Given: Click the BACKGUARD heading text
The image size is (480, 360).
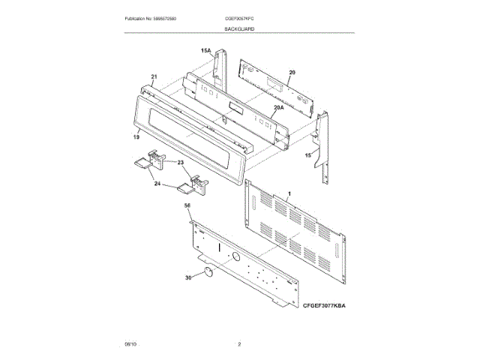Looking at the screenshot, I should [239, 28].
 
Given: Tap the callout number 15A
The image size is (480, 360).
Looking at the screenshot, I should [205, 51].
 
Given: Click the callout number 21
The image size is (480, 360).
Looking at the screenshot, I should [154, 77].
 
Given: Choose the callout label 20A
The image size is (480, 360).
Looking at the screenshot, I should [277, 108].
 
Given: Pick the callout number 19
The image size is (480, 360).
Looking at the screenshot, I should [136, 137].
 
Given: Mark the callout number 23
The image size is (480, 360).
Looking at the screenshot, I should [181, 163].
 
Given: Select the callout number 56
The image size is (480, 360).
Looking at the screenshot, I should [187, 205].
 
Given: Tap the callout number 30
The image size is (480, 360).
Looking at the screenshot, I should [189, 277].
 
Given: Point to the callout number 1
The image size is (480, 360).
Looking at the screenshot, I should [289, 193].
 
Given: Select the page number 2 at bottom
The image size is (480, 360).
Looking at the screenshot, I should [239, 343].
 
